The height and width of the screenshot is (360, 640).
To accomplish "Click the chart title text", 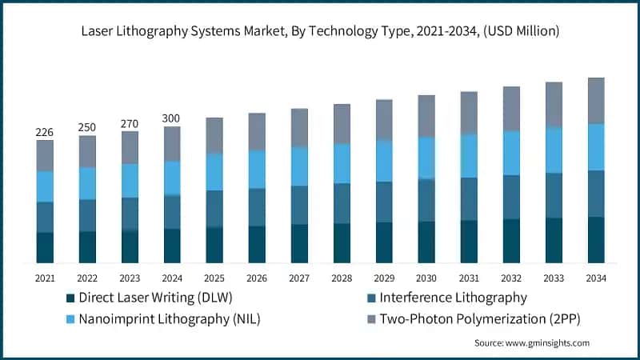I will (x=320, y=31).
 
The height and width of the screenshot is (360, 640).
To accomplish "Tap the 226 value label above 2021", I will (x=45, y=132).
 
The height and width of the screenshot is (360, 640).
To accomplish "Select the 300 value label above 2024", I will (x=172, y=118).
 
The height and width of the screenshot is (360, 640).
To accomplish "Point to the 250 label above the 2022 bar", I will (x=87, y=127).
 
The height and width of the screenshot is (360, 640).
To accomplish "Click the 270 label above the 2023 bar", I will (x=130, y=123).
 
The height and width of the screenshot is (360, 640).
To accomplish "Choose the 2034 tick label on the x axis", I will (x=595, y=278).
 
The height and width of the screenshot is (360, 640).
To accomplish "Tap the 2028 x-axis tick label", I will (x=342, y=278).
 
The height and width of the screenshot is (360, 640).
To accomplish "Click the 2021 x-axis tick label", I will (x=45, y=278).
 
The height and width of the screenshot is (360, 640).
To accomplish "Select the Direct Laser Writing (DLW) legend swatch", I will (x=71, y=298).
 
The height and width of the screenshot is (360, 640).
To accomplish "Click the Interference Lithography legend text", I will (x=453, y=298).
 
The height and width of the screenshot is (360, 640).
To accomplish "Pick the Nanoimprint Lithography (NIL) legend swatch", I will (x=71, y=318).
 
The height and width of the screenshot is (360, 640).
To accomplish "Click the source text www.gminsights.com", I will (x=531, y=342).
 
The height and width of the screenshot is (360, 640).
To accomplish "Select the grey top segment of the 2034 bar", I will (x=595, y=100).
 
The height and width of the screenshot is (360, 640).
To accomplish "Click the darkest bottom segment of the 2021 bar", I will (x=45, y=247).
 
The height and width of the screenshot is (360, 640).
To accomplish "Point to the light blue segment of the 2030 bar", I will (x=426, y=158).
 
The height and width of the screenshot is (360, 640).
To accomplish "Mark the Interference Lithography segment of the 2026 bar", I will (x=257, y=207).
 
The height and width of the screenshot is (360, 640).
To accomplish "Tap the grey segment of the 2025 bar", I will (x=214, y=135).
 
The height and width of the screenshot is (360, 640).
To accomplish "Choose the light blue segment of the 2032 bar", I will (x=510, y=153).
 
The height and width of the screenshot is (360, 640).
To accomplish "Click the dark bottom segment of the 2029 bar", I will (x=384, y=242).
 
